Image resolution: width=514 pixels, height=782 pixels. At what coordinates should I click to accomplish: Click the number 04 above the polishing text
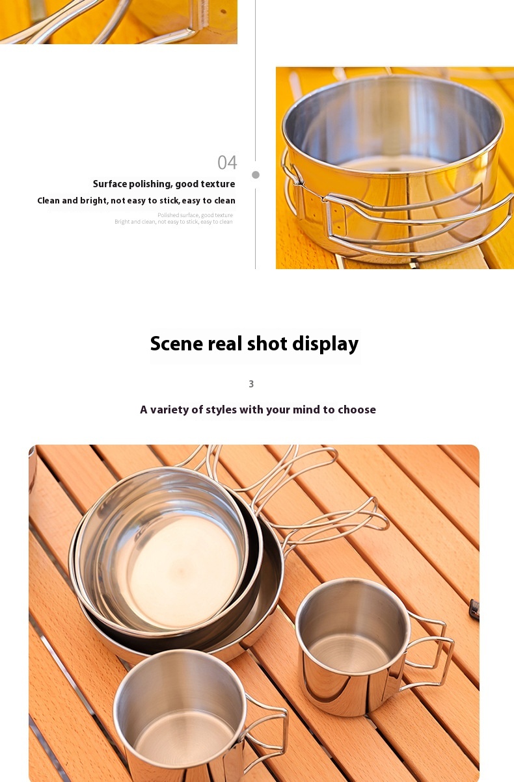tap(227, 163)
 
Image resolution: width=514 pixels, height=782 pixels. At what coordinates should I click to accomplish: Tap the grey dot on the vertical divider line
tap(256, 175)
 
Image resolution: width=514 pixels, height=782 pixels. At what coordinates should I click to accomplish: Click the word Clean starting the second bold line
tap(48, 201)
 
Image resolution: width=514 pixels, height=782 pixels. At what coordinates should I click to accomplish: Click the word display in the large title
tap(325, 343)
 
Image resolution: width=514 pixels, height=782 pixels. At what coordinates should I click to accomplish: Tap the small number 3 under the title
tap(251, 384)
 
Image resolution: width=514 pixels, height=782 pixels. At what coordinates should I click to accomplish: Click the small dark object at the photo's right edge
tap(474, 610)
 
